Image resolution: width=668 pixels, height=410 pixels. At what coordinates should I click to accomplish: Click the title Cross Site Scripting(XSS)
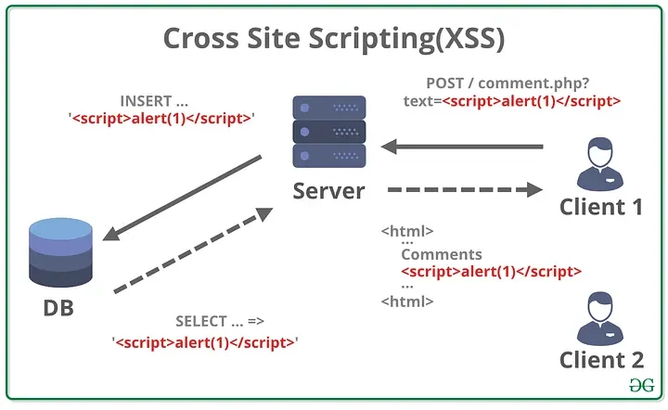(333, 38)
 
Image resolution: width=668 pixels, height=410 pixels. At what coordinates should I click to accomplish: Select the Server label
(328, 192)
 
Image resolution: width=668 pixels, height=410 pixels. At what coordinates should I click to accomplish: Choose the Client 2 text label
(601, 359)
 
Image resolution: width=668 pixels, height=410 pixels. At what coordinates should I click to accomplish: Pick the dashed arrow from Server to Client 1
(464, 190)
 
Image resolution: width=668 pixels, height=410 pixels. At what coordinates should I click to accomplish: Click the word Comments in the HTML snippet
(442, 254)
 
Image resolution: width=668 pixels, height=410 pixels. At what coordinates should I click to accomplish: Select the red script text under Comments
(491, 272)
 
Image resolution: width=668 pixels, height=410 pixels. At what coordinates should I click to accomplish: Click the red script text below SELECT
(204, 342)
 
